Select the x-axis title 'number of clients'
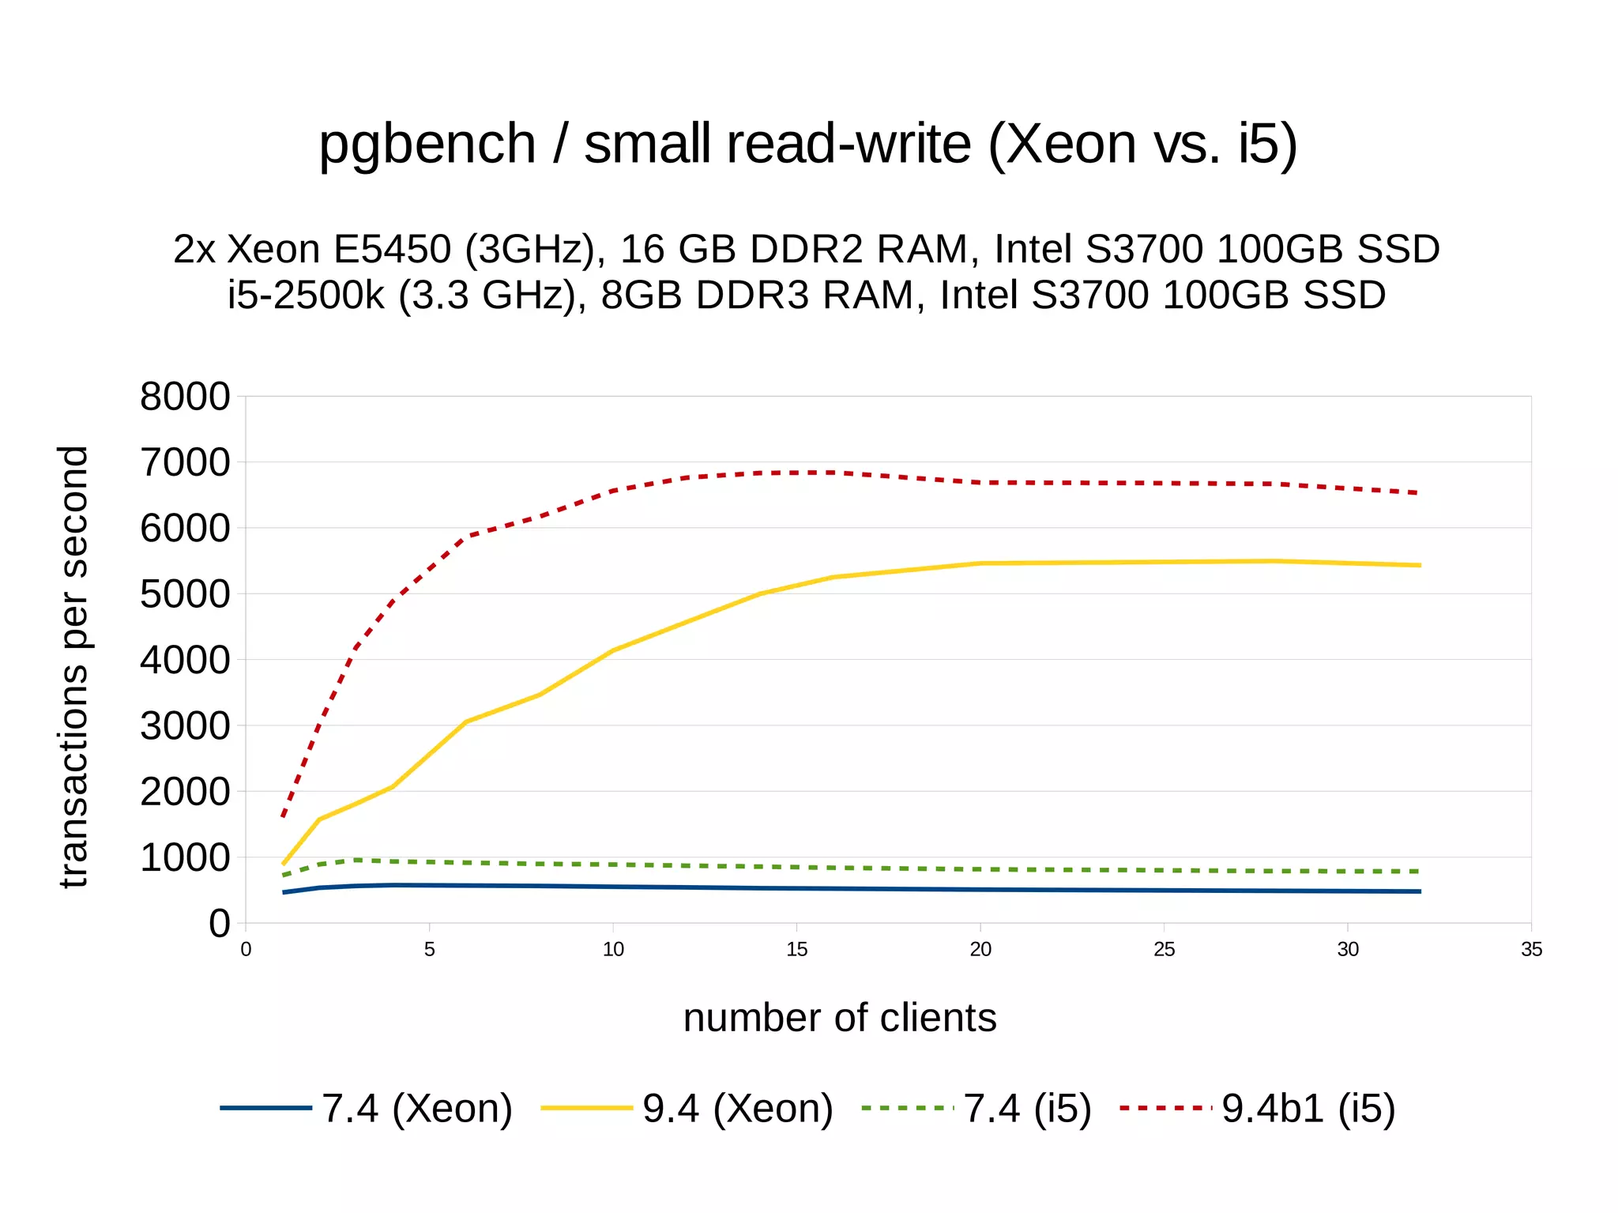(x=839, y=1018)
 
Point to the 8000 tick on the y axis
(x=185, y=397)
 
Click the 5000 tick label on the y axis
(x=185, y=594)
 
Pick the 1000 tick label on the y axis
(x=185, y=857)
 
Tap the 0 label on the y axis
(x=219, y=923)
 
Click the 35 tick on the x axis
(x=1531, y=950)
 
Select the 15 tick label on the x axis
(x=796, y=950)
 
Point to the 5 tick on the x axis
(x=429, y=950)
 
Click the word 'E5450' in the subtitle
(x=392, y=249)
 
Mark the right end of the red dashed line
(x=1420, y=493)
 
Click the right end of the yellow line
(x=1420, y=565)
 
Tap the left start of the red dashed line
(x=283, y=816)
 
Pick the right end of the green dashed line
(x=1420, y=871)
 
